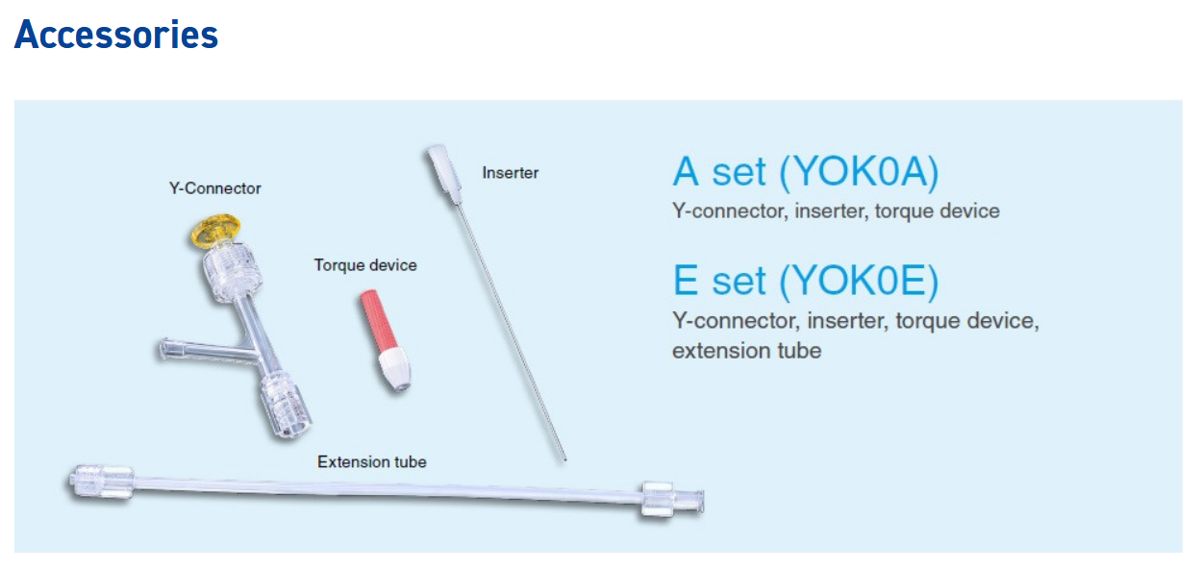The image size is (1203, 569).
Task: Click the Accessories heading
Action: pos(116,35)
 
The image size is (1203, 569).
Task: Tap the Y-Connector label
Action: pos(214,188)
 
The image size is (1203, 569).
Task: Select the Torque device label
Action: pos(365,265)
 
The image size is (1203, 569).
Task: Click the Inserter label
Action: pos(511,173)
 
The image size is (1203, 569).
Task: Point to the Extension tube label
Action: pos(371,461)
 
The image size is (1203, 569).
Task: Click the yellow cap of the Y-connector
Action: pos(216,231)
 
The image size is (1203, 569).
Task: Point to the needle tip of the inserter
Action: pos(564,459)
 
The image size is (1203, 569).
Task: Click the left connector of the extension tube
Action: pos(101,483)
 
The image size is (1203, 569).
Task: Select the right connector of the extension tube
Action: pos(672,501)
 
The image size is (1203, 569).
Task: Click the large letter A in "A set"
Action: pos(686,172)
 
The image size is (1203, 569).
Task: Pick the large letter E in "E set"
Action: pos(686,281)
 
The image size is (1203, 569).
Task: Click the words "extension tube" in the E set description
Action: pos(747,351)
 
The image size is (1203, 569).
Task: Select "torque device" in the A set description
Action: pos(938,210)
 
